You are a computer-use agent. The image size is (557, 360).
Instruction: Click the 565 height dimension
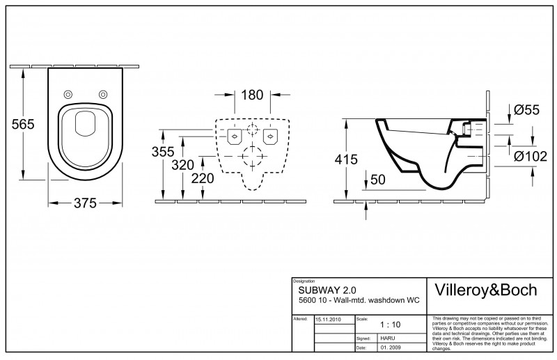(23, 123)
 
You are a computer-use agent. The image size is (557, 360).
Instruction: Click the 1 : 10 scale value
(390, 324)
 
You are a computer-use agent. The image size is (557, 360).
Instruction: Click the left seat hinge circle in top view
(68, 95)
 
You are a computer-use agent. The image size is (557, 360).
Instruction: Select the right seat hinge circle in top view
(103, 95)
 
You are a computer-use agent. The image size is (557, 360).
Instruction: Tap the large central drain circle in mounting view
(249, 157)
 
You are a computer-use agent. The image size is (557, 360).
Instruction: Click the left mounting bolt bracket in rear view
(233, 135)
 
